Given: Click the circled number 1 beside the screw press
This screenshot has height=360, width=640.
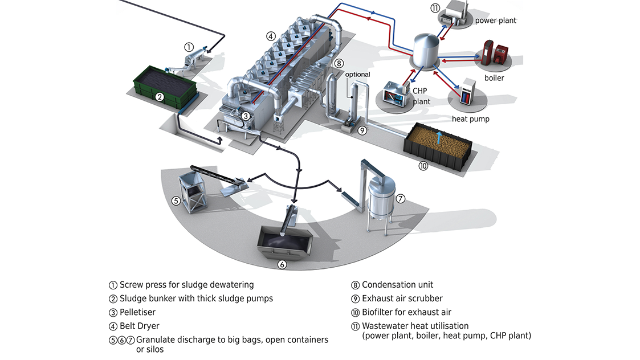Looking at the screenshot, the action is click(189, 47).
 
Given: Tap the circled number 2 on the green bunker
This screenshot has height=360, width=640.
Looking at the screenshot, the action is click(160, 97).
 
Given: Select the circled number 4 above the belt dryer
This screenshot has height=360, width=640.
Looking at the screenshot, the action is click(271, 36).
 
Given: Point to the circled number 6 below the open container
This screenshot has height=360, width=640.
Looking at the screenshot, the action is click(282, 264).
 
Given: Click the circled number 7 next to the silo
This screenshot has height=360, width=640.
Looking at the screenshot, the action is click(401, 199).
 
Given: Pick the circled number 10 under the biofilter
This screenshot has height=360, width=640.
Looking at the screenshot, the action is click(423, 166).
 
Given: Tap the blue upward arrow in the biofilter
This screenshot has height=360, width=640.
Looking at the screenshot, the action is click(439, 137).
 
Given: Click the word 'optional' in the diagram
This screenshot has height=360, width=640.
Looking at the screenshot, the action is click(357, 74).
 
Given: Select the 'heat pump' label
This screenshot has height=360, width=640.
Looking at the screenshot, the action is click(470, 119).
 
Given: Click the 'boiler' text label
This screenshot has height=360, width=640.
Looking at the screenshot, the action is click(494, 78).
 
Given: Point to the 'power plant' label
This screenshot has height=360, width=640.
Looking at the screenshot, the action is click(495, 21).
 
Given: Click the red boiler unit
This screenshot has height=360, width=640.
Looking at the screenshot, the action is click(495, 54).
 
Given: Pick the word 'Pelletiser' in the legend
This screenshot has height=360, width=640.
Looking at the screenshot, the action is click(137, 312).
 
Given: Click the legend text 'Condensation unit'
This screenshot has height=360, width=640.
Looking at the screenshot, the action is click(398, 285).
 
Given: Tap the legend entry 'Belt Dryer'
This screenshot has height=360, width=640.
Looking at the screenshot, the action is click(140, 326).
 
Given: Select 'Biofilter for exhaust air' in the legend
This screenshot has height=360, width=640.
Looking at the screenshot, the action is click(406, 312).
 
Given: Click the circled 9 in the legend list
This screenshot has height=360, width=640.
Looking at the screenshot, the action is click(355, 299).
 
